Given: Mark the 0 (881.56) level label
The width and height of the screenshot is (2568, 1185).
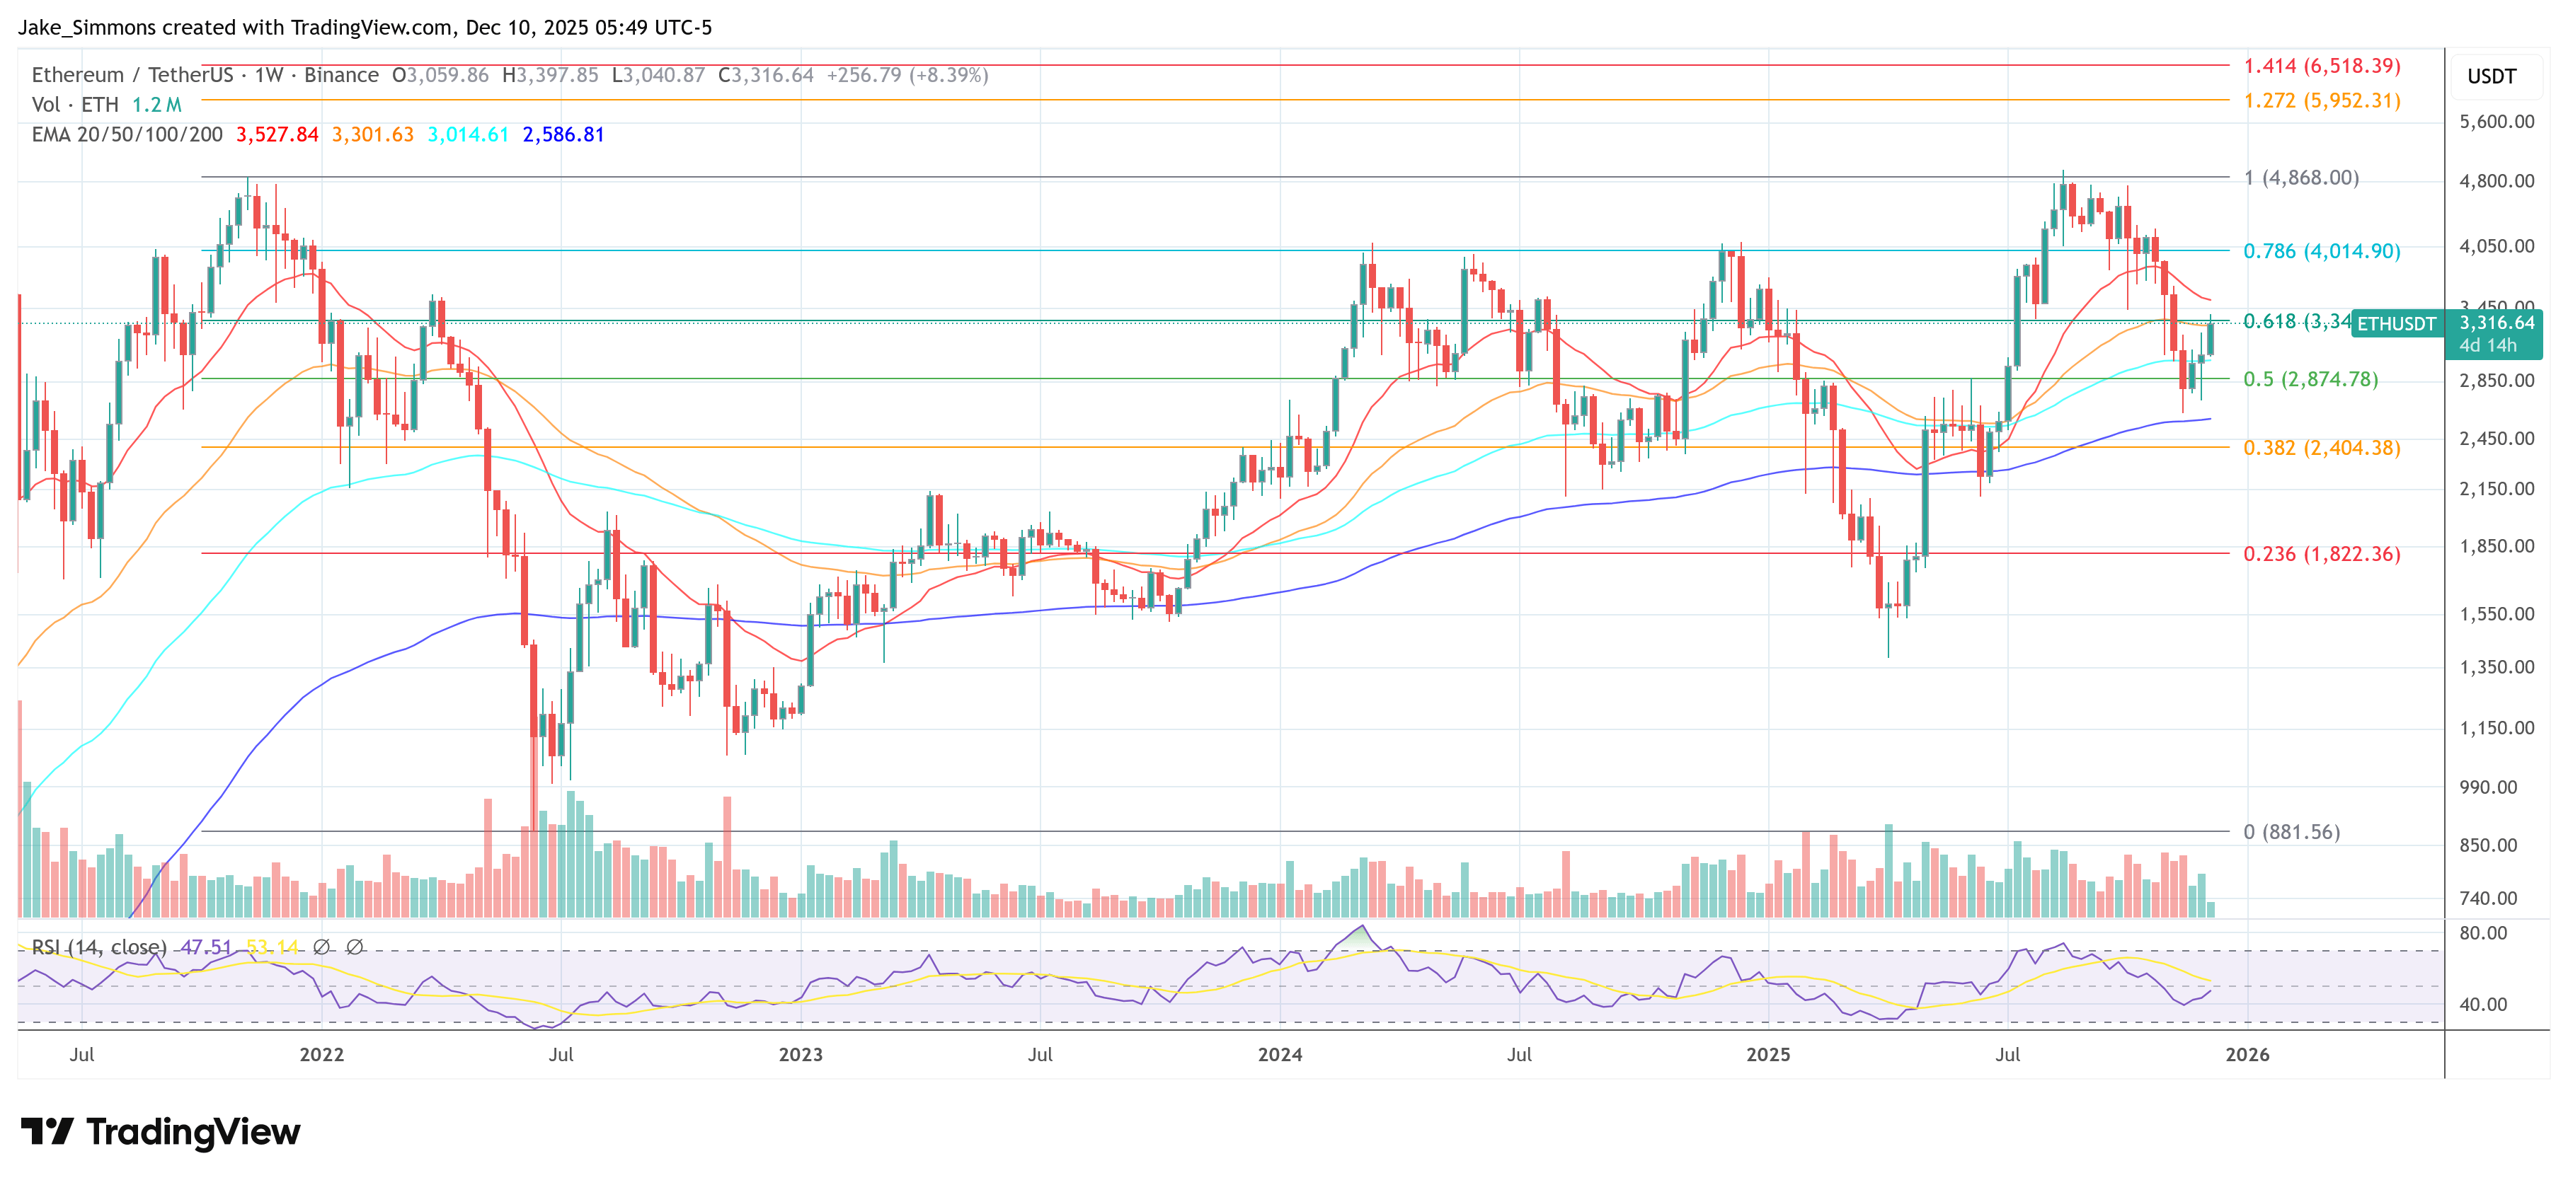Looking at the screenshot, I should (2291, 831).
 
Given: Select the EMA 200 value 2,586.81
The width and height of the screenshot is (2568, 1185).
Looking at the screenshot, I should (563, 134).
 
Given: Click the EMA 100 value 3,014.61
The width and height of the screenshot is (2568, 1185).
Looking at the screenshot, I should (468, 134).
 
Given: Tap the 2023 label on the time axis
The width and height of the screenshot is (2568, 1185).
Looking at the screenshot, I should (800, 1054).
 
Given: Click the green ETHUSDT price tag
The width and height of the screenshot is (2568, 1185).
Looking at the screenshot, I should (2395, 324).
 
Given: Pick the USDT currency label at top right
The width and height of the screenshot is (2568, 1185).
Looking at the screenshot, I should (2492, 76).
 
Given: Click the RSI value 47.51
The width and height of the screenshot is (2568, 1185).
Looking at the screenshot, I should (205, 947).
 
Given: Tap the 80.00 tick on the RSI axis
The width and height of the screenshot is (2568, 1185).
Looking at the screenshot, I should (2482, 933).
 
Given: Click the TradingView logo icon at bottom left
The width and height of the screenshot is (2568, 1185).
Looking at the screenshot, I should (47, 1131).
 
